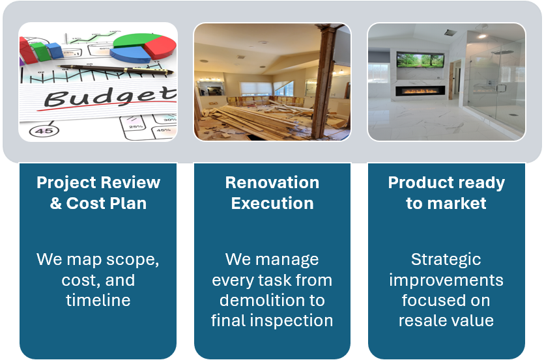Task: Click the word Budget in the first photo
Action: pos(110,97)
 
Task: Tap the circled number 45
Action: pos(44,131)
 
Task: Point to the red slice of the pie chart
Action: pos(161,48)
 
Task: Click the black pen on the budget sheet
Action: pos(115,70)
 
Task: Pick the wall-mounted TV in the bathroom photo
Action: pos(420,60)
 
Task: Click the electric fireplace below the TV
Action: pos(420,91)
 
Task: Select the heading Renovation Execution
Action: pos(272,193)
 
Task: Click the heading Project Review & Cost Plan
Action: pos(98,193)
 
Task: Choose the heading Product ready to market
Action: pos(446,193)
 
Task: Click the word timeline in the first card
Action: pos(98,300)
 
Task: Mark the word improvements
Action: pos(446,281)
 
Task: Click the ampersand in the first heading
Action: pos(56,203)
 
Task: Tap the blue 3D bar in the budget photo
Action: pos(55,50)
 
